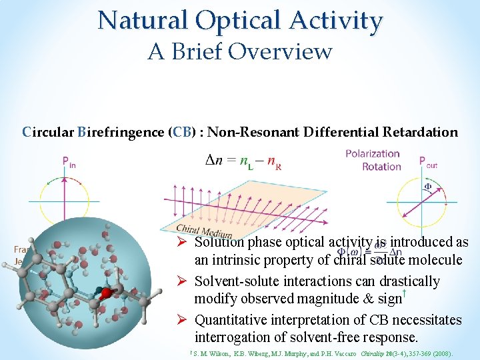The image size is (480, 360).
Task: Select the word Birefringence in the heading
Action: (121, 132)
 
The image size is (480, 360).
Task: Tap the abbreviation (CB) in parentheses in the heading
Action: (185, 132)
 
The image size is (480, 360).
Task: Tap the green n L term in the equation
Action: (247, 161)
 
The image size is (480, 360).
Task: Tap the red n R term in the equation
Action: (273, 162)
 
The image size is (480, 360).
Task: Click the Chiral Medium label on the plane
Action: (204, 230)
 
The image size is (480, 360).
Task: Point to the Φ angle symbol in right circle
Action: (428, 186)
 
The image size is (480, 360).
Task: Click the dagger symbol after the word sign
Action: (405, 294)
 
